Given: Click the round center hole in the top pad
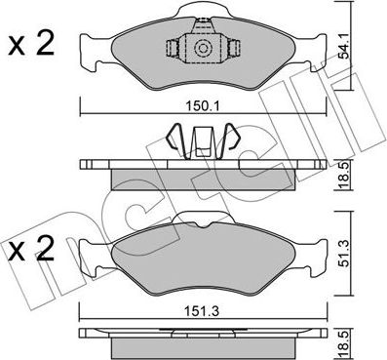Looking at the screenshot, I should pos(204,49).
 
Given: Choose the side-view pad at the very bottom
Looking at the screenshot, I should pos(204,343).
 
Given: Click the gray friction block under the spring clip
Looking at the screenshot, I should pos(204,176).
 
